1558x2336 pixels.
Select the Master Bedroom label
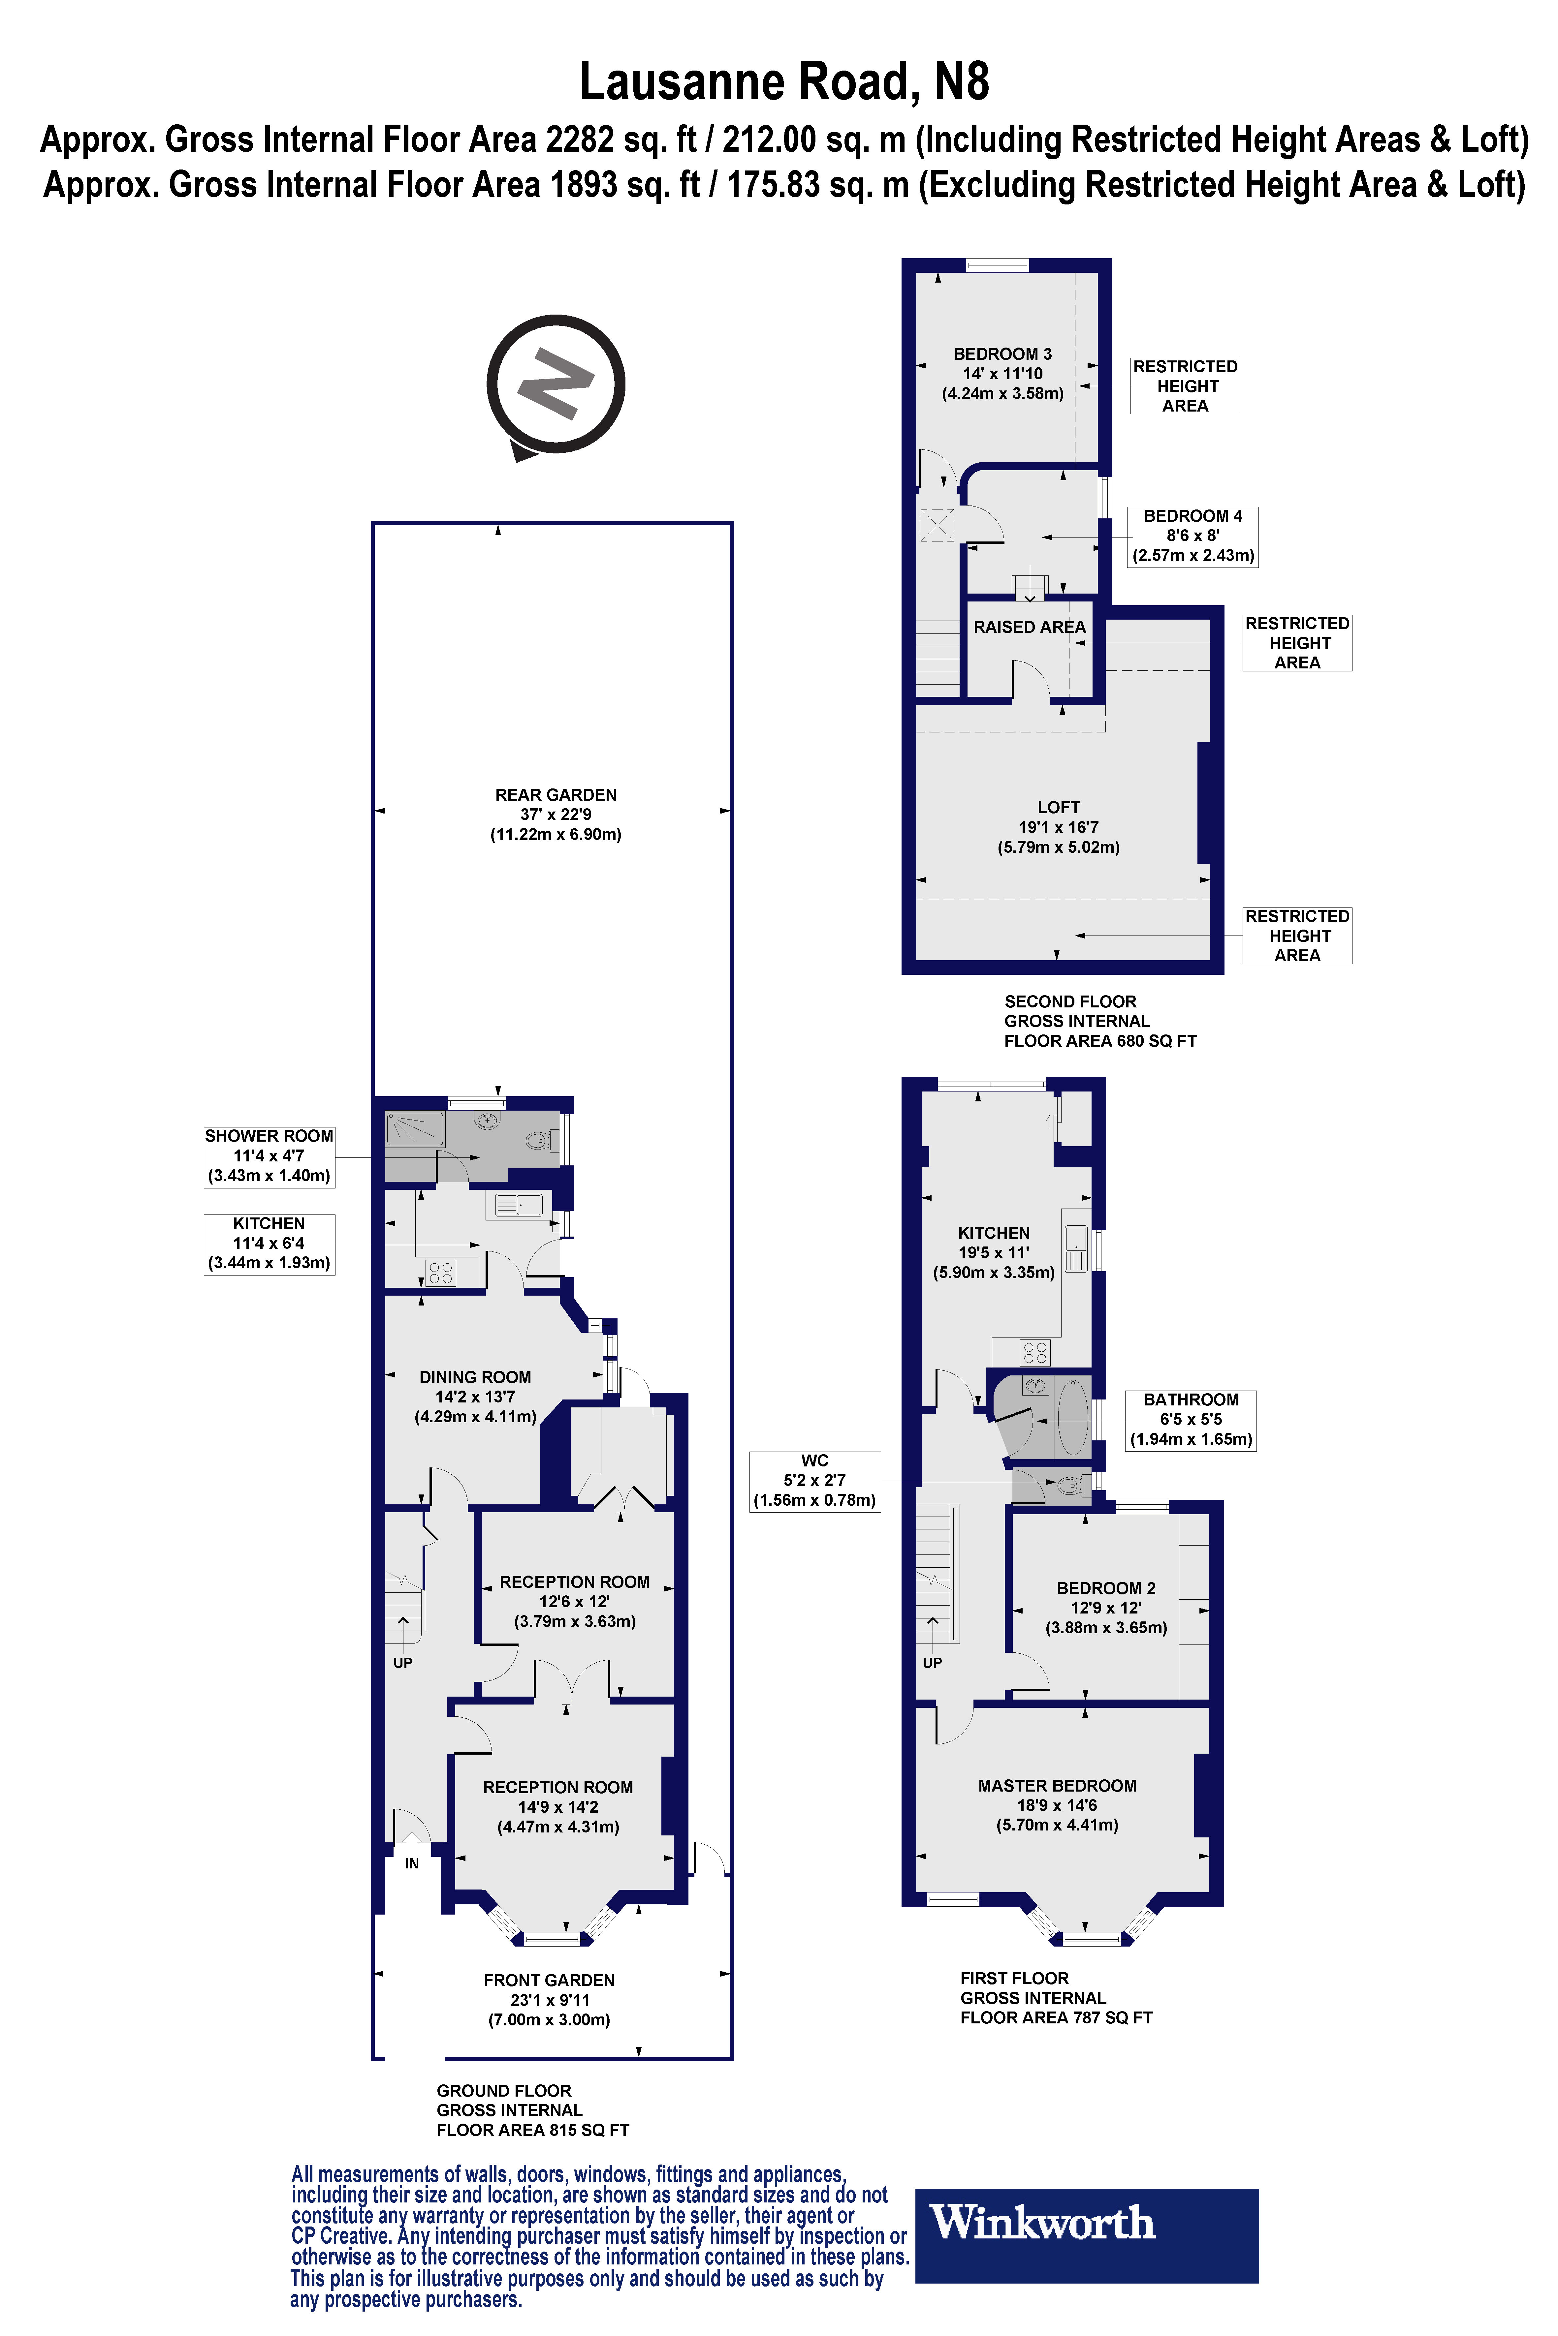pyautogui.click(x=1057, y=1805)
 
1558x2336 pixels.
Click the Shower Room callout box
pyautogui.click(x=268, y=1155)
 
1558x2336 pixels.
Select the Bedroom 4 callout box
pyautogui.click(x=1192, y=535)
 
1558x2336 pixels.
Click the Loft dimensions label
pyautogui.click(x=1058, y=827)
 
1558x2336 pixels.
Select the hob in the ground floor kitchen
pyautogui.click(x=440, y=1271)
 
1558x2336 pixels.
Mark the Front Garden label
pyautogui.click(x=549, y=1999)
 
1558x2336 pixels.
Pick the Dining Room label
pyautogui.click(x=475, y=1397)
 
